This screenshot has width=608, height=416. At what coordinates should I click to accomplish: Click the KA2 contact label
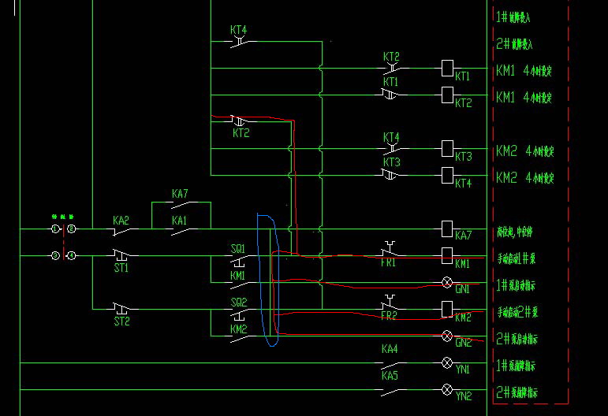click(x=120, y=221)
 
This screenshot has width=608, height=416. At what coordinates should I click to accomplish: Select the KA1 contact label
click(x=180, y=221)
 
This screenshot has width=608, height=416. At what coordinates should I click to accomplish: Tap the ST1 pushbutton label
click(x=121, y=268)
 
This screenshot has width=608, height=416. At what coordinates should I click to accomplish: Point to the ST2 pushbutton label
click(x=121, y=321)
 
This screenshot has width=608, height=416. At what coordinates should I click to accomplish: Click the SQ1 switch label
click(x=238, y=248)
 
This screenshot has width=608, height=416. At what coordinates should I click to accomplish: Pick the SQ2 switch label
click(x=238, y=302)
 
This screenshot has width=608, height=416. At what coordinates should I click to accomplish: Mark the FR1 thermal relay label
click(x=389, y=262)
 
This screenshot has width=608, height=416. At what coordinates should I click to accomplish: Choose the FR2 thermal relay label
click(x=389, y=316)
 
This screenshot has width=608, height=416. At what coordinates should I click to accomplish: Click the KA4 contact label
click(x=390, y=348)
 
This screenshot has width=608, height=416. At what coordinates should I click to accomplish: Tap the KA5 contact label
click(x=390, y=376)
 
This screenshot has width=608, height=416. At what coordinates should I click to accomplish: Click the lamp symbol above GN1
click(x=447, y=281)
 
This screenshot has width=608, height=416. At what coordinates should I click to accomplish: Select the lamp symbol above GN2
click(x=447, y=336)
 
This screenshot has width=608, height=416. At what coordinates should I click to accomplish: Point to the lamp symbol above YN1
click(x=447, y=362)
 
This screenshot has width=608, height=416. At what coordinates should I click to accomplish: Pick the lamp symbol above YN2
click(x=447, y=389)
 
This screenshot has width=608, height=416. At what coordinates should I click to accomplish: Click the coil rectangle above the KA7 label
click(x=447, y=228)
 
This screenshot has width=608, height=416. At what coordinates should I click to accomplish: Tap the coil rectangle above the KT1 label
click(x=447, y=68)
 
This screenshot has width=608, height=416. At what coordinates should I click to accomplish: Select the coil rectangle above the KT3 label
click(x=447, y=147)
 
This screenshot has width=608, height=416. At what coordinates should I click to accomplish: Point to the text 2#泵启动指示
click(x=528, y=340)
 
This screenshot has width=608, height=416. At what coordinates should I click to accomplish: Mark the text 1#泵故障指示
click(x=528, y=366)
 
